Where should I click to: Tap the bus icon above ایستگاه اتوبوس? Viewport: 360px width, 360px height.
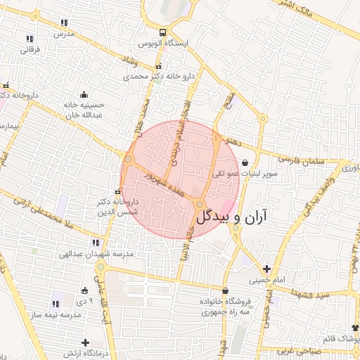pyautogui.click(x=163, y=32)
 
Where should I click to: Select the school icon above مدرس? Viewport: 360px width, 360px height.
pyautogui.click(x=65, y=22)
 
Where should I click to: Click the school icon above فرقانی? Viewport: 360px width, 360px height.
pyautogui.click(x=30, y=39)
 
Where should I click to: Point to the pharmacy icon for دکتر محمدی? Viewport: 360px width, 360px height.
pyautogui.click(x=157, y=65)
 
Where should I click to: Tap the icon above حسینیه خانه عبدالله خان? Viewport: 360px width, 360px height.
pyautogui.click(x=84, y=95)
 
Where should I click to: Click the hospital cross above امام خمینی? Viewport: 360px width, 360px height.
pyautogui.click(x=266, y=269)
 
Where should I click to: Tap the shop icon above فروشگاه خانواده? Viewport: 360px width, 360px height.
pyautogui.click(x=225, y=290)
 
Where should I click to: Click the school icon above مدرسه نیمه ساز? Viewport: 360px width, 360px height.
pyautogui.click(x=56, y=304)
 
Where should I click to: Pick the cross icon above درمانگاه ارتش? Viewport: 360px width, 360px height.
pyautogui.click(x=85, y=342)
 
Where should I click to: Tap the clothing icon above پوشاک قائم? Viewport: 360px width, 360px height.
pyautogui.click(x=354, y=328)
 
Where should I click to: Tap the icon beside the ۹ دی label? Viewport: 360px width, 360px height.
pyautogui.click(x=84, y=290)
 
